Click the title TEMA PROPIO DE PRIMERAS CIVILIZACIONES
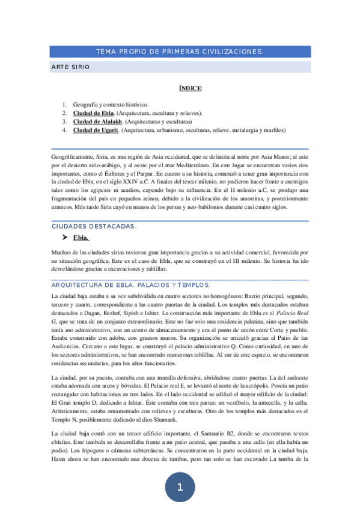(x=180, y=52)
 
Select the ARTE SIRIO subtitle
(x=71, y=67)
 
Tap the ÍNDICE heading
(x=191, y=88)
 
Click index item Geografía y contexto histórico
(x=111, y=104)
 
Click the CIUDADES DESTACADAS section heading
(x=94, y=227)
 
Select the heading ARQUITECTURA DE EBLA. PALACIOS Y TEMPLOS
(x=130, y=285)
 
